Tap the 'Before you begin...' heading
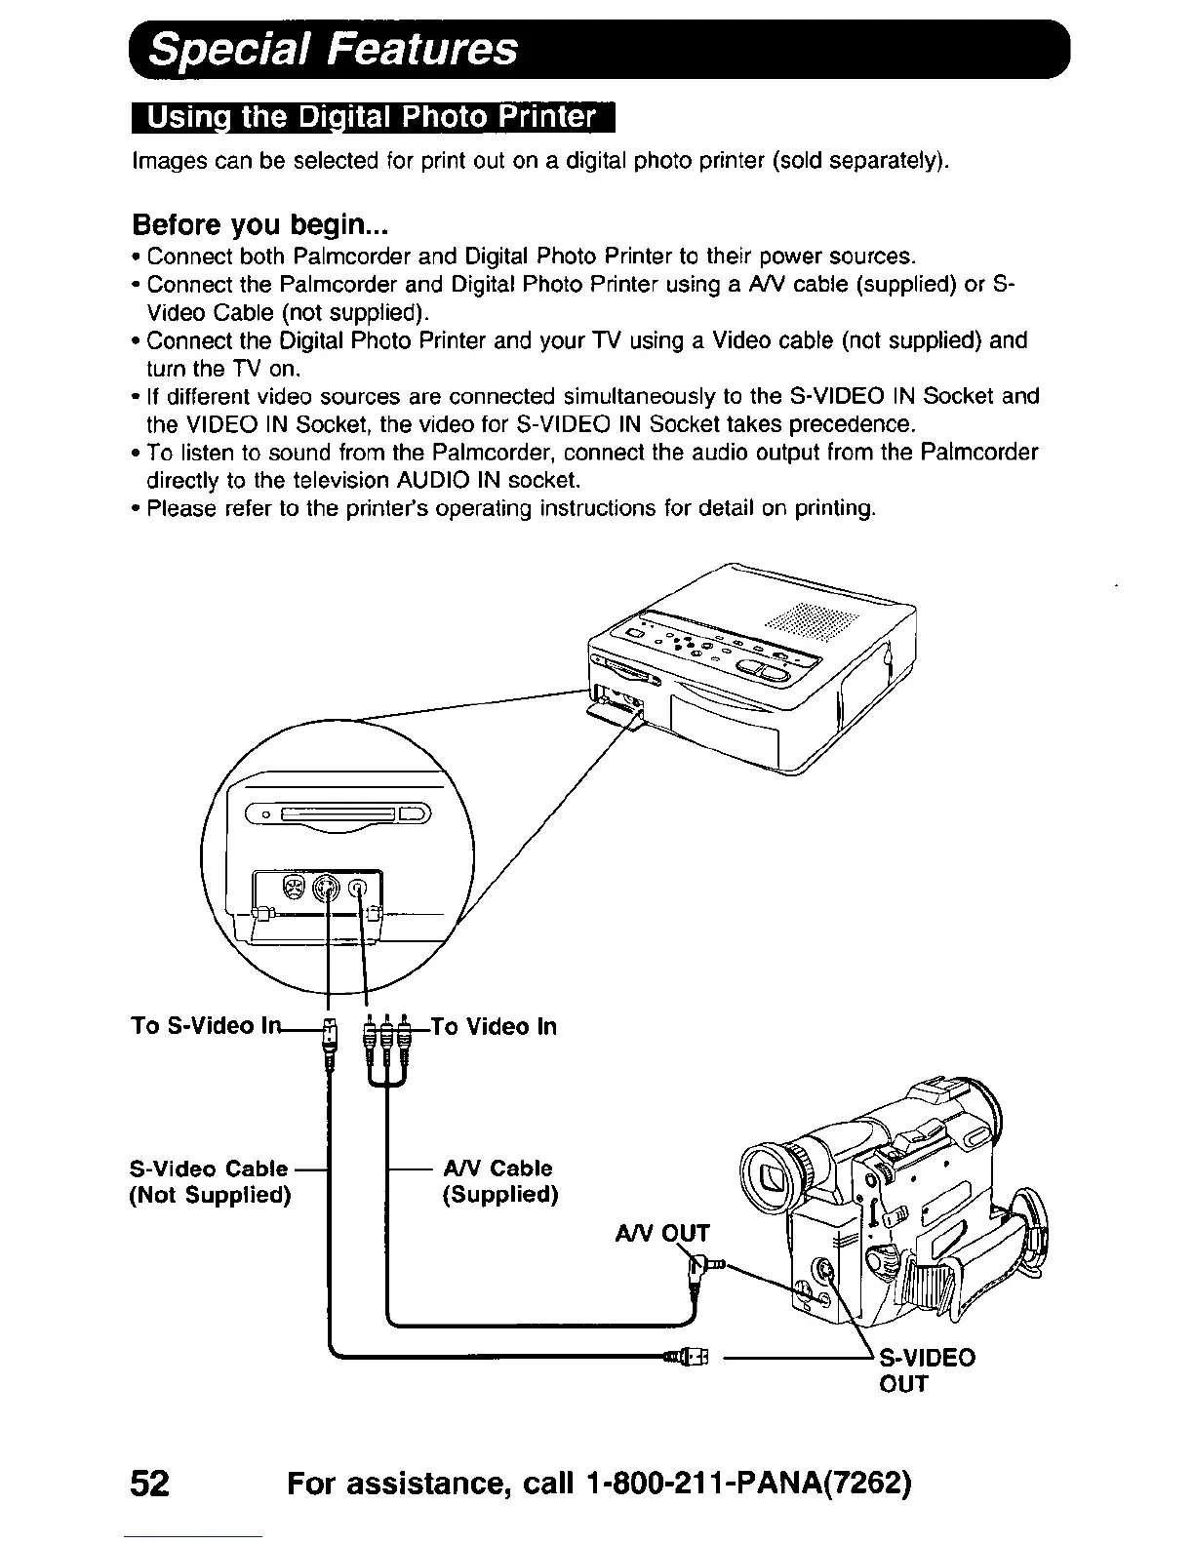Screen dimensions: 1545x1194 point(261,225)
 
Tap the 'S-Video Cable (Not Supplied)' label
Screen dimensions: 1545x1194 point(210,1181)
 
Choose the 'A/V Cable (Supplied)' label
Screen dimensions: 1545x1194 point(497,1181)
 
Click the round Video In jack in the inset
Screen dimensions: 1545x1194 point(360,888)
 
